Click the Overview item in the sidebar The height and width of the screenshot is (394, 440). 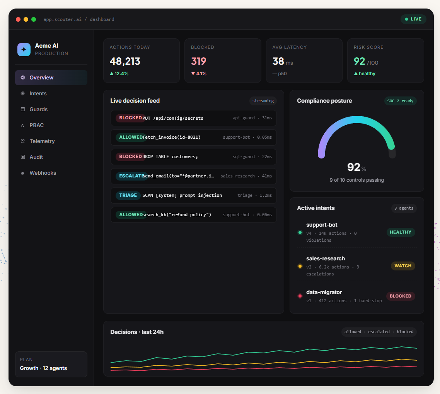tap(41, 77)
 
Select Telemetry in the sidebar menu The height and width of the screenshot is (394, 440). tap(42, 141)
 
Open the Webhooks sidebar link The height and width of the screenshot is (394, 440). tap(43, 173)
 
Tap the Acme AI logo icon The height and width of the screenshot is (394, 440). tap(24, 50)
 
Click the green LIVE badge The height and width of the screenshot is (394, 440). tap(413, 19)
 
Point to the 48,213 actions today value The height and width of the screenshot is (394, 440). tap(125, 61)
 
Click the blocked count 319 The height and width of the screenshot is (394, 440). tap(199, 61)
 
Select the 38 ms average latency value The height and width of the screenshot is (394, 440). tap(278, 61)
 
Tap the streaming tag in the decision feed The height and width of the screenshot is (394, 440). tap(263, 101)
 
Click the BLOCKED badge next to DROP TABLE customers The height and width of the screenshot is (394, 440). tap(130, 157)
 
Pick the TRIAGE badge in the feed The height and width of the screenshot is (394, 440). tap(128, 195)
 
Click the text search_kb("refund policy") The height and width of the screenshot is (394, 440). tap(177, 215)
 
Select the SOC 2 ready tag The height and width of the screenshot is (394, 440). tap(400, 101)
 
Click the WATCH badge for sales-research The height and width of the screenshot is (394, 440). tap(403, 266)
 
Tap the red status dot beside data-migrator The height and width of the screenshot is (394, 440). tap(300, 296)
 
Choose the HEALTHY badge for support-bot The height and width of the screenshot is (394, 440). tap(401, 232)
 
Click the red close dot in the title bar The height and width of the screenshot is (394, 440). tap(18, 19)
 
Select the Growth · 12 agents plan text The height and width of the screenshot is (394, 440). tap(43, 368)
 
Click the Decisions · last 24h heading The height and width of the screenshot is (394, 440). tap(137, 332)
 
